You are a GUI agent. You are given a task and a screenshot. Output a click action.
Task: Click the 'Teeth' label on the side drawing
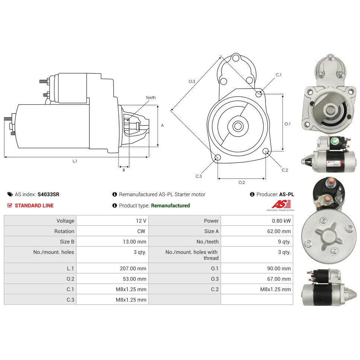(x=151, y=98)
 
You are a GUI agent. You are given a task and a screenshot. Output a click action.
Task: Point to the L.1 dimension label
(x=75, y=161)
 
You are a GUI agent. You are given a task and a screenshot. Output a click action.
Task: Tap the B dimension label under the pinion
(x=124, y=170)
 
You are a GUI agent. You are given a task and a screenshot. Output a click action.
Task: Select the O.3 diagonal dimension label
(x=192, y=82)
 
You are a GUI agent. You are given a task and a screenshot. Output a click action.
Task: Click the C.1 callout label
(x=278, y=75)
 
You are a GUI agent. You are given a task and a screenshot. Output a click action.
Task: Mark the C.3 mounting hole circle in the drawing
(x=217, y=157)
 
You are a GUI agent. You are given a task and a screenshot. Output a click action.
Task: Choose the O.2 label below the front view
(x=242, y=182)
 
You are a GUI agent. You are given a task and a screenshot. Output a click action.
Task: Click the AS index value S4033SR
(x=48, y=194)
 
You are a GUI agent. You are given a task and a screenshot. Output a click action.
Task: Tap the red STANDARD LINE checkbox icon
(x=10, y=205)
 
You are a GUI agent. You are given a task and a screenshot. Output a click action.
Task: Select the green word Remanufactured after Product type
(x=171, y=206)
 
